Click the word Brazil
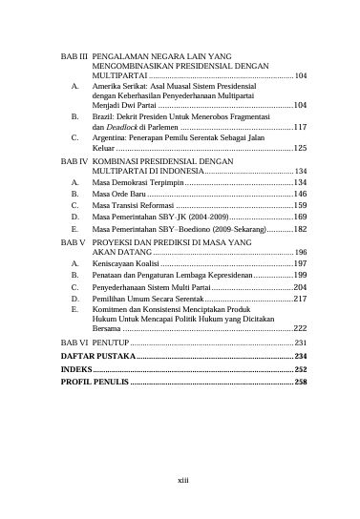tap(103, 114)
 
